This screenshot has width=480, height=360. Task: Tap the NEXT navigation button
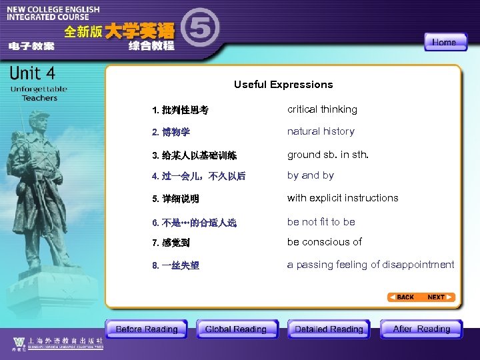(x=441, y=297)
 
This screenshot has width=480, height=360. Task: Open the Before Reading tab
(x=147, y=329)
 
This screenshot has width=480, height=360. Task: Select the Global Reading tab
(x=235, y=329)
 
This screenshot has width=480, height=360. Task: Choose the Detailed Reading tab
(x=329, y=329)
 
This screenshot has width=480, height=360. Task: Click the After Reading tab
(x=421, y=329)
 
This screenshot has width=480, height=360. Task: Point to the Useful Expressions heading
(x=283, y=85)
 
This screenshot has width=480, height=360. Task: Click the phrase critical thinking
(x=322, y=109)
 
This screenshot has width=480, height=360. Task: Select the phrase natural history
(x=321, y=131)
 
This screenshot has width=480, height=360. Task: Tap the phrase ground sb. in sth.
(x=327, y=155)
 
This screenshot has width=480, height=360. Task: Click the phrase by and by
(x=311, y=175)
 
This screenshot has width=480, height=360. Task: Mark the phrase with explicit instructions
(x=343, y=198)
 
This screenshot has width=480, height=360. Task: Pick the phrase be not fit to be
(x=321, y=221)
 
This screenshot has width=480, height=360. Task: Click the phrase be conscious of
(x=325, y=242)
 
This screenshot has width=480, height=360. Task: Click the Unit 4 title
(x=33, y=73)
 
